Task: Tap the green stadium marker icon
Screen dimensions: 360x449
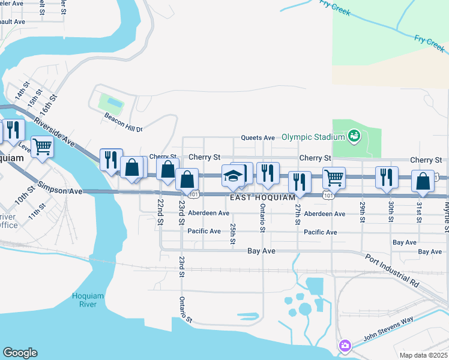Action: click(354, 136)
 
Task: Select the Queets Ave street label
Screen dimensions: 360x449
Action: click(258, 137)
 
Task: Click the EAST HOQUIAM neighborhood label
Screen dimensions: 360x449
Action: click(262, 197)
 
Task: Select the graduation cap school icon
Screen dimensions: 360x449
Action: click(233, 176)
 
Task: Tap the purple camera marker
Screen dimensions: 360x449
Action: click(344, 346)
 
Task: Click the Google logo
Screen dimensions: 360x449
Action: click(20, 353)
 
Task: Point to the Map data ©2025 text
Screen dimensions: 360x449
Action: click(423, 355)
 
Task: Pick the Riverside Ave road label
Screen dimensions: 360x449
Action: click(55, 131)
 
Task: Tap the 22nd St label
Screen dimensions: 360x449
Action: click(160, 212)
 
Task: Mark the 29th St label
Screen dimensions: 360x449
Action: click(363, 212)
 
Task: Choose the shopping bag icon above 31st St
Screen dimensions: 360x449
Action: click(423, 181)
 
